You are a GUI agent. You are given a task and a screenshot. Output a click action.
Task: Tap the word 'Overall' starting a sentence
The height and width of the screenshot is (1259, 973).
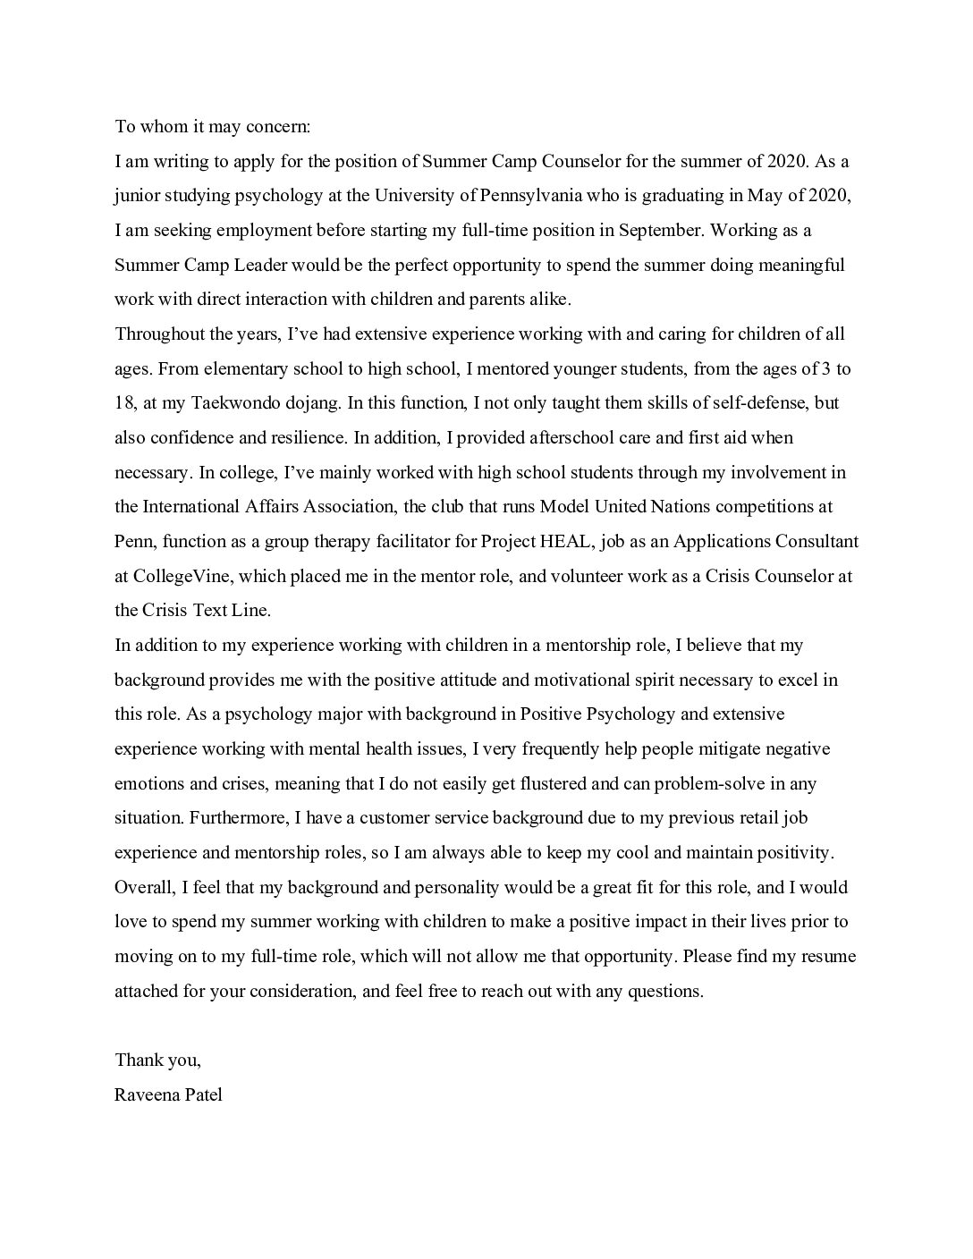[145, 888]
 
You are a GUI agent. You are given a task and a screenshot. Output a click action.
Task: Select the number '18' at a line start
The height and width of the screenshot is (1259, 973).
[124, 403]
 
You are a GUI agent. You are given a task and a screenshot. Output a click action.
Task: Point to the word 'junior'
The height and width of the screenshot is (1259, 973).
[137, 196]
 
